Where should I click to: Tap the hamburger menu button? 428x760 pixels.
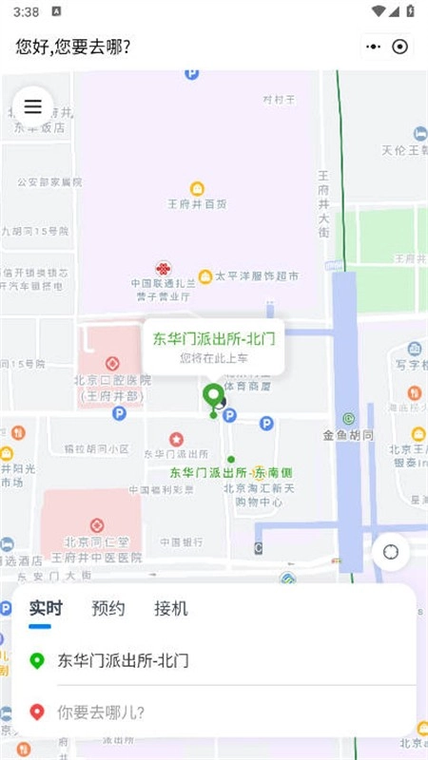[x=32, y=106]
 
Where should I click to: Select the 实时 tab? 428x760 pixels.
[x=46, y=609]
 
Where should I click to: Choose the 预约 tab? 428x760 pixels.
[x=108, y=609]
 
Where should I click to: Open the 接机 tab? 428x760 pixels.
[x=171, y=609]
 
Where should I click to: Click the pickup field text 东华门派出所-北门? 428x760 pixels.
[x=124, y=660]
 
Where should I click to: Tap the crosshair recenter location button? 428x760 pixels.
[x=390, y=551]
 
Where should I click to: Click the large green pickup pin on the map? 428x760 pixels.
[x=214, y=396]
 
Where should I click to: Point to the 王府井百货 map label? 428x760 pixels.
[x=197, y=203]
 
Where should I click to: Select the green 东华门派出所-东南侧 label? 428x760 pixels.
[x=231, y=472]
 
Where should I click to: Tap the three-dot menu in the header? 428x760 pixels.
[x=374, y=47]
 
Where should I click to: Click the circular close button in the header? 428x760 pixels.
[x=400, y=47]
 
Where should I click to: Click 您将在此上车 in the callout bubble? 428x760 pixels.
[x=213, y=358]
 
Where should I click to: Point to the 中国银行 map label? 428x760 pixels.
[x=181, y=541]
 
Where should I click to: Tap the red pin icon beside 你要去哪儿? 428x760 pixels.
[x=37, y=711]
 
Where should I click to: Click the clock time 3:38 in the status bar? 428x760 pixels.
[x=28, y=12]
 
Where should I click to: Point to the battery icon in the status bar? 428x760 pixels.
[x=410, y=12]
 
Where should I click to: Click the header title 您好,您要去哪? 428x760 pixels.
[x=73, y=47]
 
